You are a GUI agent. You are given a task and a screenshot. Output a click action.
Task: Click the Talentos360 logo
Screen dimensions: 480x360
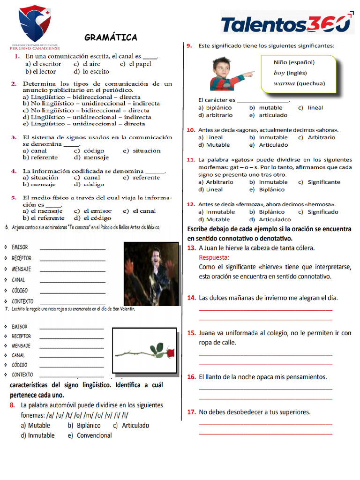pyautogui.click(x=286, y=24)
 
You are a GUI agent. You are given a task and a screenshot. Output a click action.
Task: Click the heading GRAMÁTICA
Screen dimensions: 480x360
pyautogui.click(x=111, y=37)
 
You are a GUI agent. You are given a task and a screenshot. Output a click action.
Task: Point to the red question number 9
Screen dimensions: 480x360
pyautogui.click(x=189, y=46)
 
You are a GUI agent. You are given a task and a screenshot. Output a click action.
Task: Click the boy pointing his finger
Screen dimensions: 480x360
pyautogui.click(x=228, y=74)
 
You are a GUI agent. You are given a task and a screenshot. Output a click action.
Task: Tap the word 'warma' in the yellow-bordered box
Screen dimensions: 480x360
pyautogui.click(x=284, y=83)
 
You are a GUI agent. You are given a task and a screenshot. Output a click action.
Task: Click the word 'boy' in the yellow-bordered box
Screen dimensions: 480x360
pyautogui.click(x=279, y=73)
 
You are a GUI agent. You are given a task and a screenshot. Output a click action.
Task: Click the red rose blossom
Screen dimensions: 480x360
pyautogui.click(x=168, y=352)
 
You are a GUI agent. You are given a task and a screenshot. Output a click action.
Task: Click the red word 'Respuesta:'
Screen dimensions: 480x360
pyautogui.click(x=214, y=257)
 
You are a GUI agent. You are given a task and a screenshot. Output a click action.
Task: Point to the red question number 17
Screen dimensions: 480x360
pyautogui.click(x=191, y=412)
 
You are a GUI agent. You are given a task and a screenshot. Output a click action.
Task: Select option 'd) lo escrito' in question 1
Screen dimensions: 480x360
pyautogui.click(x=91, y=71)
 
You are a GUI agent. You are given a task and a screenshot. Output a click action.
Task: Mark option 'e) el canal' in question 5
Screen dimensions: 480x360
pyautogui.click(x=139, y=211)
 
